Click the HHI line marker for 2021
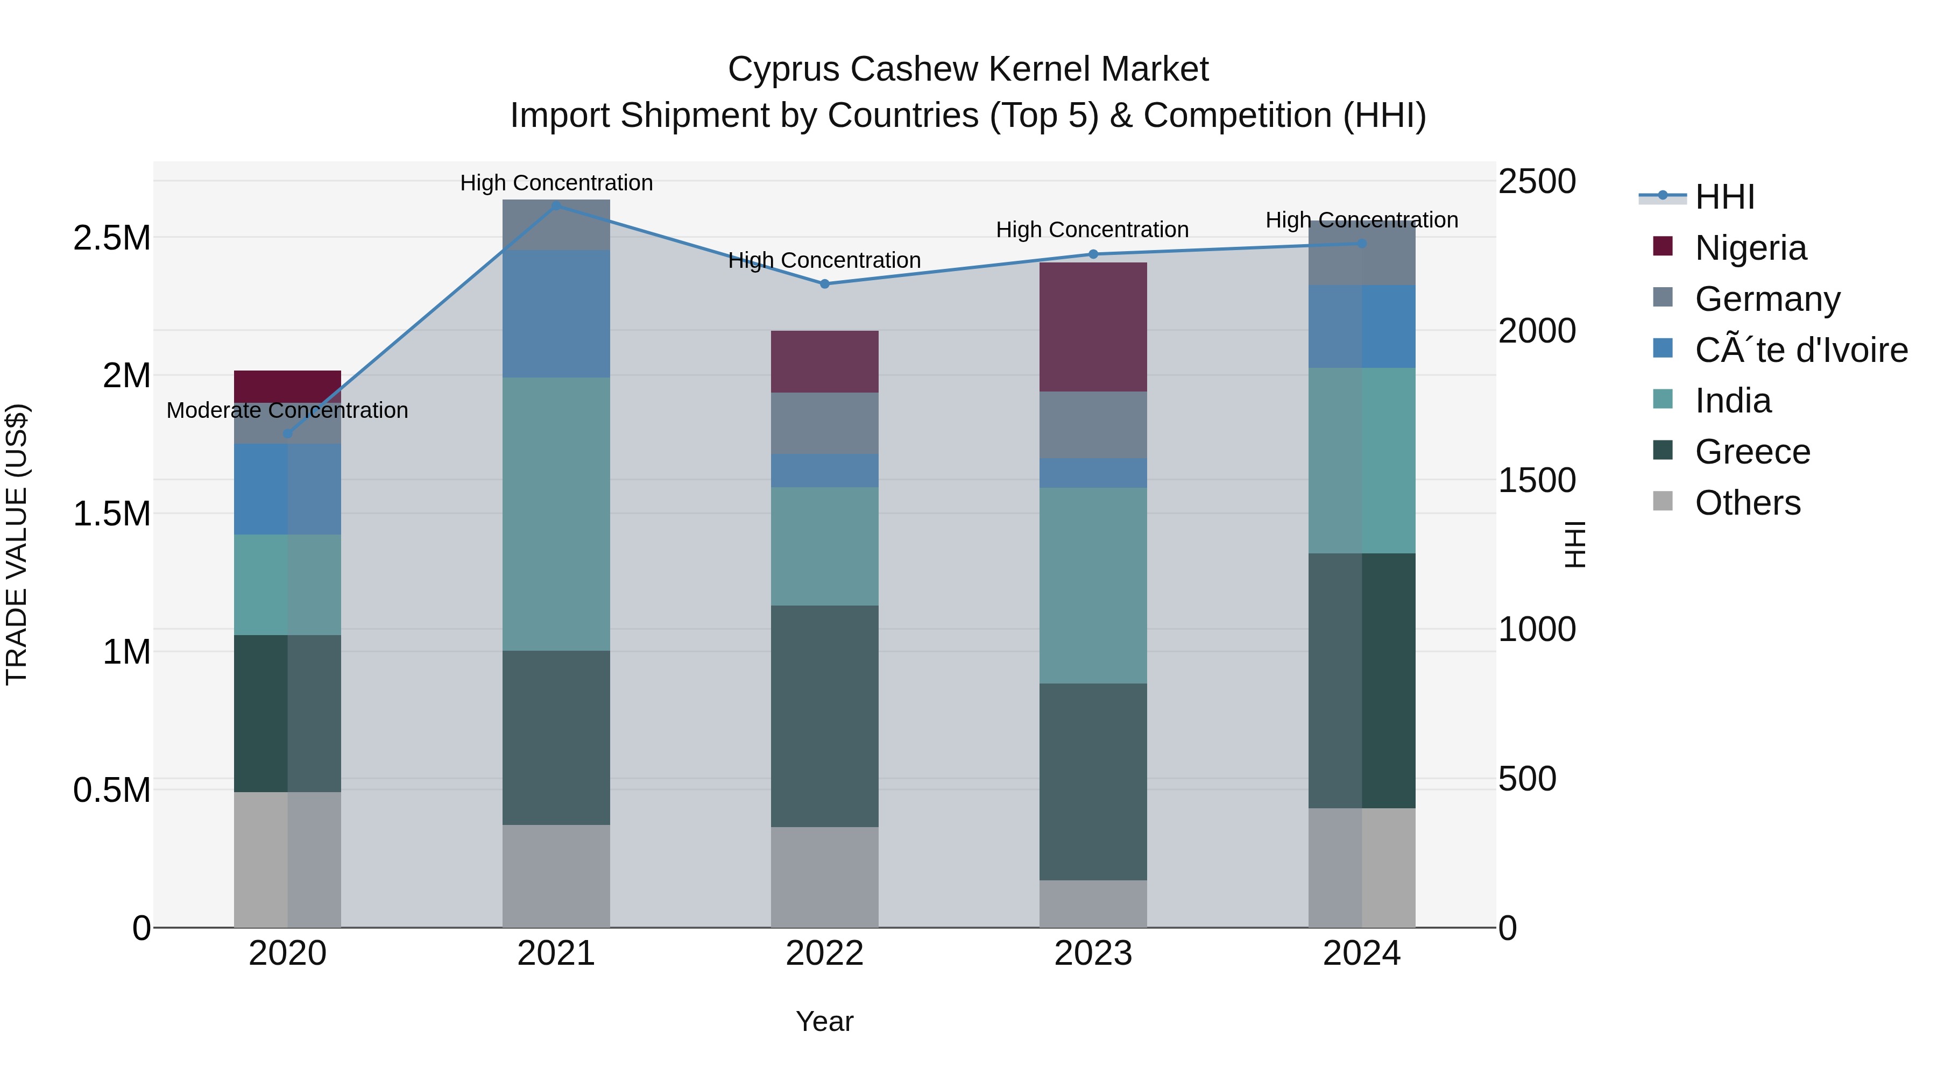tap(556, 206)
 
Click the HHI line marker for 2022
tap(825, 284)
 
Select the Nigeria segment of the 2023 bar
tap(1093, 327)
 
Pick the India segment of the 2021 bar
tap(556, 514)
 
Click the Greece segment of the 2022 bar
tap(825, 716)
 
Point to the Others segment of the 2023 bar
tap(1093, 904)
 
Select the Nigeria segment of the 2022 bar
tap(825, 361)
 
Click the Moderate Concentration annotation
tap(287, 411)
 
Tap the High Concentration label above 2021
tap(556, 183)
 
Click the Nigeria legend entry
tap(1750, 248)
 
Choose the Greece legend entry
tap(1752, 452)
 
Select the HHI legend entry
tap(1724, 197)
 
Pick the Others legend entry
tap(1748, 503)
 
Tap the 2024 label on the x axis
tap(1362, 953)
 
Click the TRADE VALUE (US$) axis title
tap(17, 544)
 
